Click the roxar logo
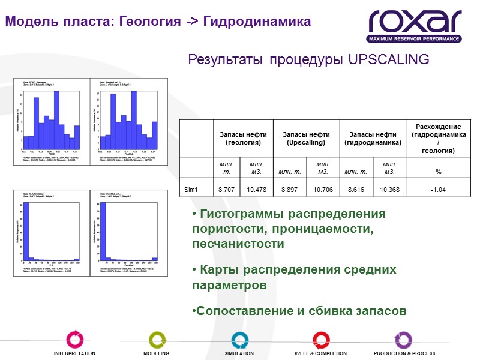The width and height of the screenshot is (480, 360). tap(415, 25)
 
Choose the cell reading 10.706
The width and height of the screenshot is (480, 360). tap(323, 190)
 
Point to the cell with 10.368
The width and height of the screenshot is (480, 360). tap(389, 190)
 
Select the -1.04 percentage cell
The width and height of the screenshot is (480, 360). tap(438, 190)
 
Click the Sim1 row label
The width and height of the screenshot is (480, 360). tap(191, 190)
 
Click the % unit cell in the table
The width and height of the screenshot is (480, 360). tap(438, 172)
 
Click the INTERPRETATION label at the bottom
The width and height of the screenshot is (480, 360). tap(74, 353)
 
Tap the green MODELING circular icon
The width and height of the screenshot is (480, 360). tap(157, 339)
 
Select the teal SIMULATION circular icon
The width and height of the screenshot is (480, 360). tap(239, 339)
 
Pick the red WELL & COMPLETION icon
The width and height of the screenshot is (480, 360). tap(320, 339)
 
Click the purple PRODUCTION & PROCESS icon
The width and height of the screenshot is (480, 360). tap(403, 339)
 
